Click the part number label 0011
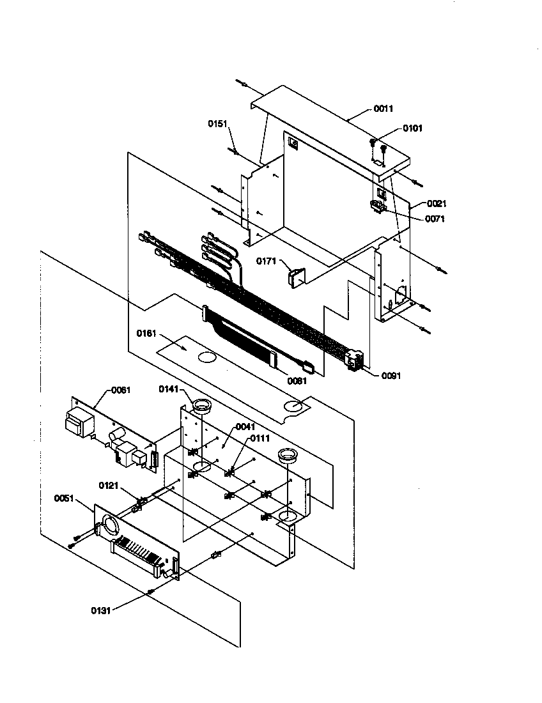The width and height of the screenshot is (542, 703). [x=383, y=109]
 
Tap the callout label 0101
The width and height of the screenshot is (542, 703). [x=412, y=128]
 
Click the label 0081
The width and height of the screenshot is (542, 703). [x=297, y=381]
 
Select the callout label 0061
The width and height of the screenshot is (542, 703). [x=121, y=390]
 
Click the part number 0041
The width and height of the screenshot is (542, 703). [x=245, y=426]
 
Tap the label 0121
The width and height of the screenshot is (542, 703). [x=109, y=484]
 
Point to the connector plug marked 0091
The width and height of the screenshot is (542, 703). [x=355, y=361]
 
